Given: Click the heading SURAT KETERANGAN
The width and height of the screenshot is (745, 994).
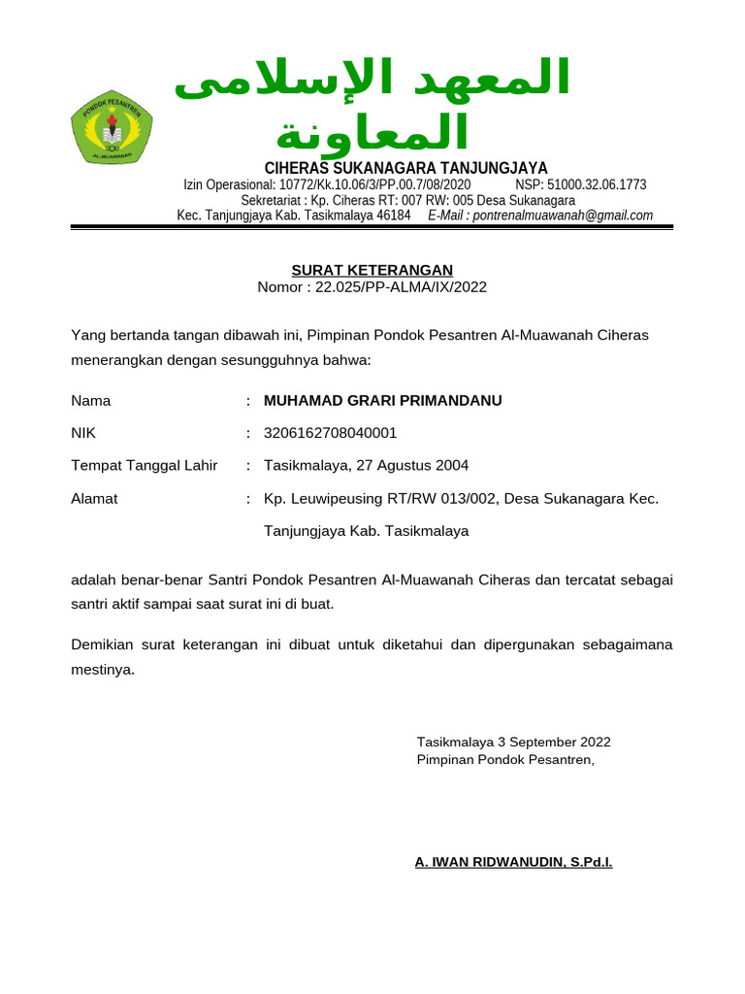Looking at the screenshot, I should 372,270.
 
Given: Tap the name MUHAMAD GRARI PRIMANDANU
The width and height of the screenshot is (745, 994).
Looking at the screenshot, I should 383,400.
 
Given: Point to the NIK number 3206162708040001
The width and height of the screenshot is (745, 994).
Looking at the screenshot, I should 330,433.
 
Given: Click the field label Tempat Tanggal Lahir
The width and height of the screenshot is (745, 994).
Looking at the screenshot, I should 145,466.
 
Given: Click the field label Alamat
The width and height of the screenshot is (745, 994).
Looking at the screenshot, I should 95,499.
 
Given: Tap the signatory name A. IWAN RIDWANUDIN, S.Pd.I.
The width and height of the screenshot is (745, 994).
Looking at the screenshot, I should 513,862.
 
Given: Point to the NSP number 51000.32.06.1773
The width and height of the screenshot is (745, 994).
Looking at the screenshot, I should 598,184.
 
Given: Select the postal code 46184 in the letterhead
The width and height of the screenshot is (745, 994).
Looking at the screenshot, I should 394,215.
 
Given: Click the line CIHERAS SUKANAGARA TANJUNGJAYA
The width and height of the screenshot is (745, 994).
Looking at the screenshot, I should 406,168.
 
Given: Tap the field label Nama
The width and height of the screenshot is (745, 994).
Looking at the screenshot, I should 91,400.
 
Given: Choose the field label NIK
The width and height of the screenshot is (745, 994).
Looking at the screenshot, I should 83,433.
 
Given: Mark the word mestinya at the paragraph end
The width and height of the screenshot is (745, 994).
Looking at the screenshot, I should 102,669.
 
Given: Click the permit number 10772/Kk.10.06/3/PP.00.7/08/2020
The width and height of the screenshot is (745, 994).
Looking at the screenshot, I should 374,184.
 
